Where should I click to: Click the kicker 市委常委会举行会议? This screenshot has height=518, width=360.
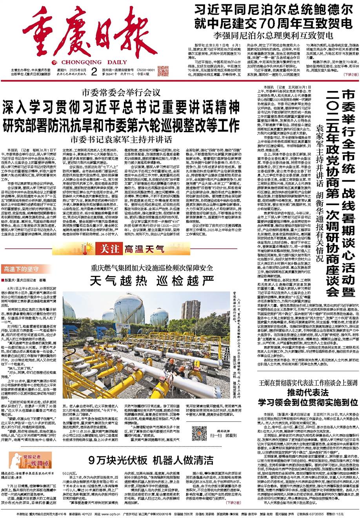tap(121, 93)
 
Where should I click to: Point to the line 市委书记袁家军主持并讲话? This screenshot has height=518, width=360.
tap(121, 139)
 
